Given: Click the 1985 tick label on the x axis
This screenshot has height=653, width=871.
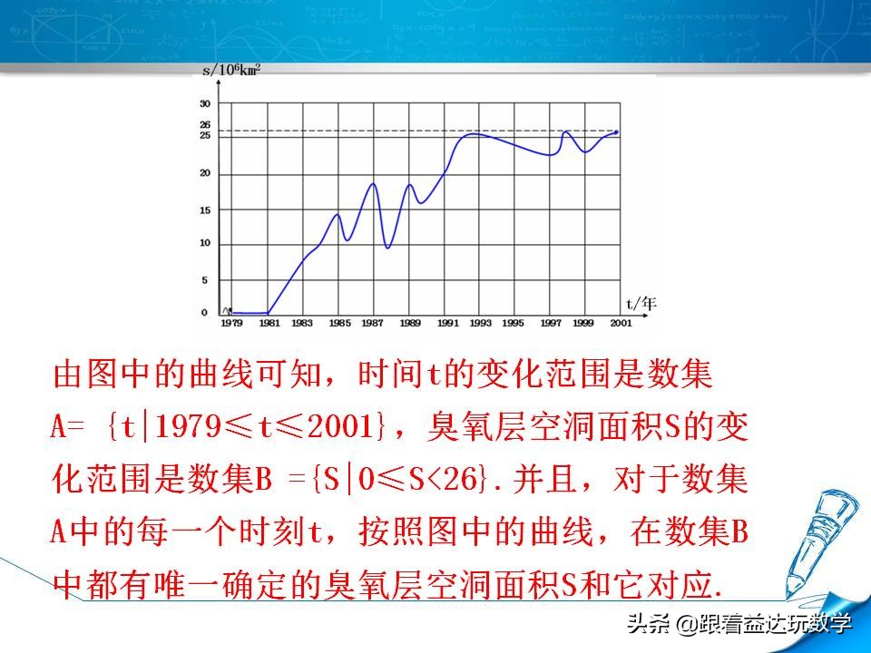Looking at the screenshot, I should [x=338, y=323].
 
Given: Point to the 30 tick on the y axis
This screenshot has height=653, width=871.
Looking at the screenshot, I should [x=204, y=103].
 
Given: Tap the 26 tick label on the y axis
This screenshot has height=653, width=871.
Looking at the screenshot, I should [x=204, y=125].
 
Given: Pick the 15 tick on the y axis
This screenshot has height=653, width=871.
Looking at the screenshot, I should [x=204, y=210].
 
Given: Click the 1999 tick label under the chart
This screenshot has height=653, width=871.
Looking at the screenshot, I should [x=584, y=323].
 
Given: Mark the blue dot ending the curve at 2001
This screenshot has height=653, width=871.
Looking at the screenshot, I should [x=617, y=132].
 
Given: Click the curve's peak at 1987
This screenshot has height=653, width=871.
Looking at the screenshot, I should [x=373, y=184].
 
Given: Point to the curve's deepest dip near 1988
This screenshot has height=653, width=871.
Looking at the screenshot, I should [x=388, y=248].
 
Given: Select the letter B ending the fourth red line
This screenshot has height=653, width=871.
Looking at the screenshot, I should [x=739, y=532].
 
